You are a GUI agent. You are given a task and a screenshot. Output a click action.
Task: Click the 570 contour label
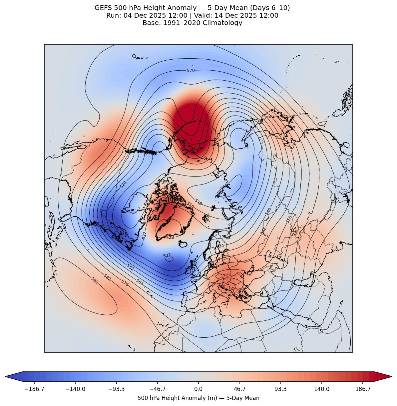click(x=191, y=71)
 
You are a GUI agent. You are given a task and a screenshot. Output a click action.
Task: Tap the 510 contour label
click(x=198, y=202)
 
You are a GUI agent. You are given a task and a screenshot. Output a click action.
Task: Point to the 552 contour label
click(x=131, y=267)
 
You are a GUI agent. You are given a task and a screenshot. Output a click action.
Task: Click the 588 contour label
click(x=95, y=280)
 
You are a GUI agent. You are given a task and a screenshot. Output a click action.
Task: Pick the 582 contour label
click(x=107, y=277)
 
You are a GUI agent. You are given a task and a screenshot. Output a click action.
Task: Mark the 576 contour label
click(x=125, y=283)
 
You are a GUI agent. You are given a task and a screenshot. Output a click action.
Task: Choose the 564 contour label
click(x=140, y=282)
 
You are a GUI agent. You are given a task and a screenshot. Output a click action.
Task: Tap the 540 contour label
click(x=268, y=211)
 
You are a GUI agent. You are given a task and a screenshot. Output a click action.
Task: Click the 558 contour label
click(x=289, y=219)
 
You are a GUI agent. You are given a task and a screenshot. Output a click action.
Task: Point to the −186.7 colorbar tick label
click(x=34, y=389)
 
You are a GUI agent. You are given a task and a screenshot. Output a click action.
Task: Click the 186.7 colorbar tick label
click(x=363, y=389)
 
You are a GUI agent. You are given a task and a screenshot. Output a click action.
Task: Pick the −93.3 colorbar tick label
click(x=116, y=389)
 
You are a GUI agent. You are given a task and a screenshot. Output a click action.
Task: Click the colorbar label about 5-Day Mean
click(x=198, y=398)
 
